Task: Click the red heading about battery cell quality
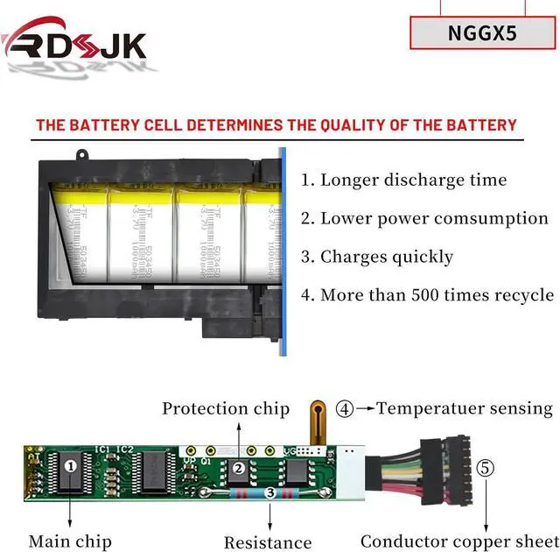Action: click(276, 125)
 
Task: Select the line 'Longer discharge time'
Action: click(403, 180)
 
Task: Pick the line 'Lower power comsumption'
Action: click(424, 218)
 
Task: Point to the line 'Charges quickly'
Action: click(377, 257)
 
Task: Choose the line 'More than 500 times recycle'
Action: click(427, 294)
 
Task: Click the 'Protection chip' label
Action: click(226, 408)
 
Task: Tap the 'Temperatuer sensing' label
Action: click(465, 408)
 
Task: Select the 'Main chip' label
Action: click(69, 541)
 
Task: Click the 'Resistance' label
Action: click(268, 542)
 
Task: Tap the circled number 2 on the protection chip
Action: click(238, 469)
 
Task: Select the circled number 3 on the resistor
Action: click(271, 494)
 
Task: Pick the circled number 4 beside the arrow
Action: click(346, 408)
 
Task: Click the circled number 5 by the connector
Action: click(485, 468)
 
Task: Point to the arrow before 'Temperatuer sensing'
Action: click(366, 408)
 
